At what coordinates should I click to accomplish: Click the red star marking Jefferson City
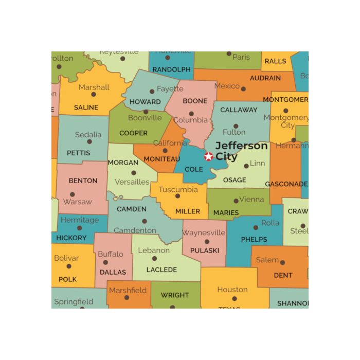click(208, 156)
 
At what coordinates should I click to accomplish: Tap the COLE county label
click(194, 169)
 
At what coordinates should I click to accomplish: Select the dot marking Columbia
click(191, 114)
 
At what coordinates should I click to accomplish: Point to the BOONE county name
click(195, 101)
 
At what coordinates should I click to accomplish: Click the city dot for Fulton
click(236, 125)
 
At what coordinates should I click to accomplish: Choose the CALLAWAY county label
click(239, 110)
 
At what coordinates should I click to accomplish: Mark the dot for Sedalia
click(89, 141)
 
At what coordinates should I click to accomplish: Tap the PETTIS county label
click(78, 153)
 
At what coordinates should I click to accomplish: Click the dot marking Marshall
click(94, 94)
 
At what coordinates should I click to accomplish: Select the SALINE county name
click(86, 107)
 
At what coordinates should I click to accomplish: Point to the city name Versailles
click(132, 182)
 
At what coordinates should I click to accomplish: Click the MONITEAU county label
click(161, 159)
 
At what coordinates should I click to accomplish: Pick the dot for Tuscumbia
click(177, 196)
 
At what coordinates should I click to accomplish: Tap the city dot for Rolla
click(256, 227)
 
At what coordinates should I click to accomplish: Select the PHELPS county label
click(254, 239)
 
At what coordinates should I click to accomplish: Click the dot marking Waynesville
click(207, 241)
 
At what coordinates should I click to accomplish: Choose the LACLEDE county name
click(161, 269)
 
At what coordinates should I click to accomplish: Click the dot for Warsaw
click(72, 194)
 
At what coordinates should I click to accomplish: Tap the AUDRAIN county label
click(265, 78)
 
